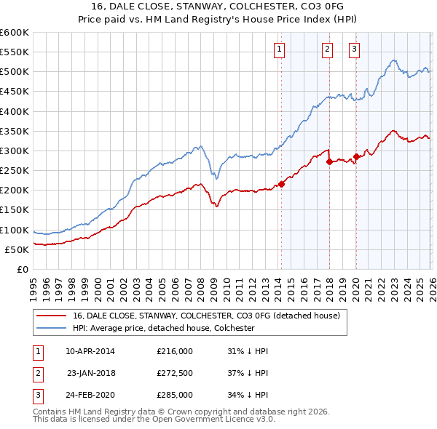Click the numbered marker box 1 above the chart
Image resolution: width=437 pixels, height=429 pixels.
click(x=280, y=49)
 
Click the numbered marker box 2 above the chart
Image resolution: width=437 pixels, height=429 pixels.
click(x=327, y=49)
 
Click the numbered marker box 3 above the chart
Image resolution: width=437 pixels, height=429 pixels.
click(x=354, y=49)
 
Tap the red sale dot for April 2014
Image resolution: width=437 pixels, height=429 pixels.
click(x=282, y=184)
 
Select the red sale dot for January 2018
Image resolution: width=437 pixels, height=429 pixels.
click(x=329, y=161)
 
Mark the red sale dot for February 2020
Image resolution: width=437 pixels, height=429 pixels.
click(x=356, y=156)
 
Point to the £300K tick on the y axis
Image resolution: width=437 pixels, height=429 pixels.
click(x=15, y=151)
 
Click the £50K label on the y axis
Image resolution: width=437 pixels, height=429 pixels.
click(x=17, y=249)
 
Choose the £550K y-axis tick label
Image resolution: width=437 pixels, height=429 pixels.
click(x=15, y=52)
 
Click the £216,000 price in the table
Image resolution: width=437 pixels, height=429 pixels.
click(x=175, y=351)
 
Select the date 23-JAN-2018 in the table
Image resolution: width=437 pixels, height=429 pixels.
click(x=91, y=373)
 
